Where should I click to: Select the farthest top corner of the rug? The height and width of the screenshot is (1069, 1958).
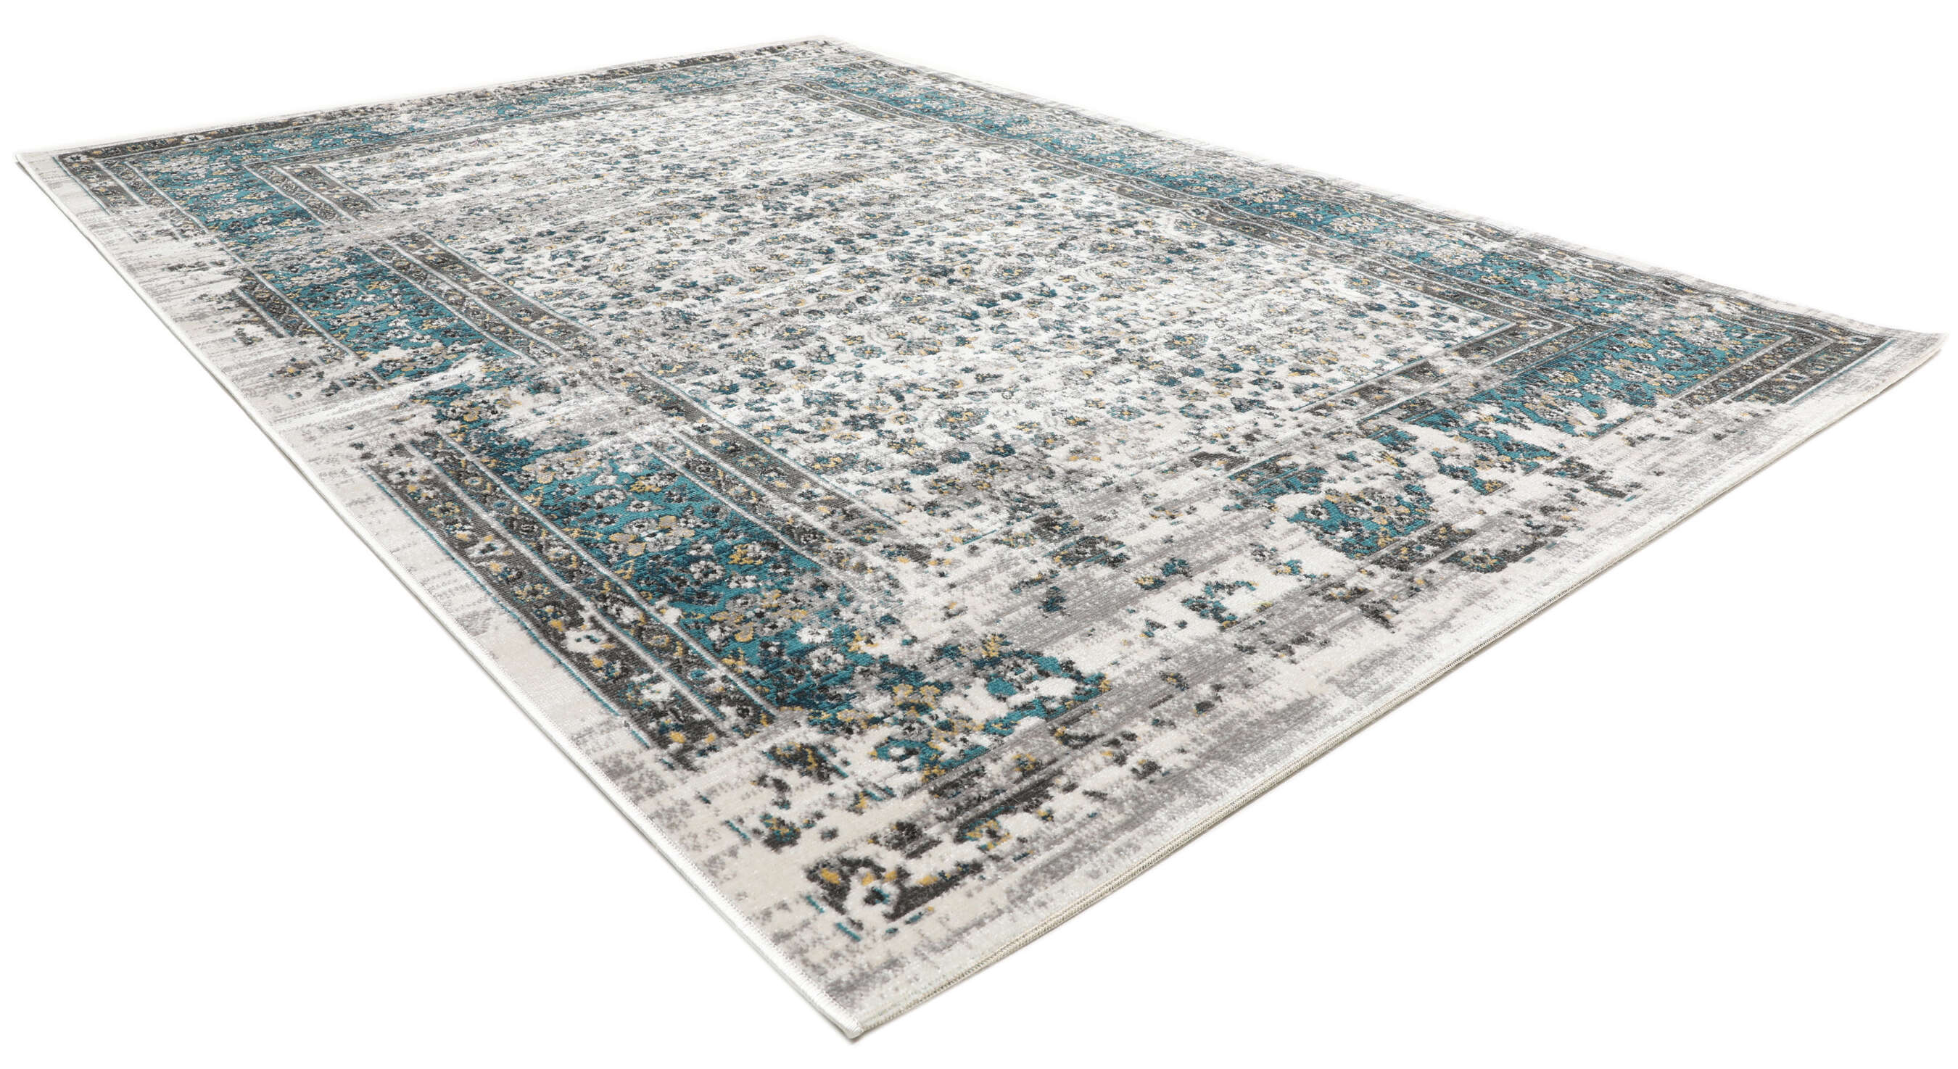[x=825, y=40]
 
